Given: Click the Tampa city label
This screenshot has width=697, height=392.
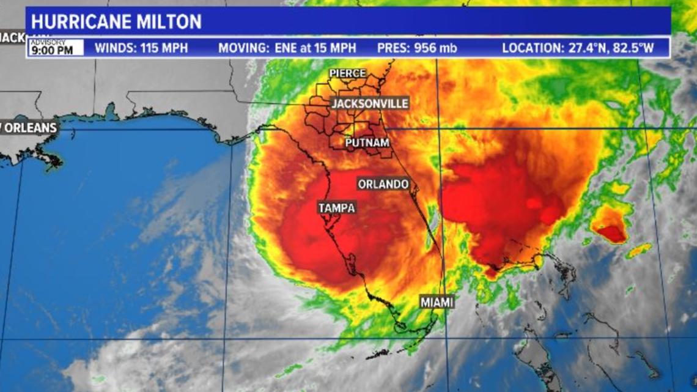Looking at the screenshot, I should (336, 208).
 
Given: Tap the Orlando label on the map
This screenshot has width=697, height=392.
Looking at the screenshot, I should (383, 184).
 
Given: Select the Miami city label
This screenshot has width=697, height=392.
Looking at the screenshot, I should (437, 301).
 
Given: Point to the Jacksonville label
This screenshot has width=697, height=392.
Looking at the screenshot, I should (370, 103).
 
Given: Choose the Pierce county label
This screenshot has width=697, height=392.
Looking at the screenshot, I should (347, 73).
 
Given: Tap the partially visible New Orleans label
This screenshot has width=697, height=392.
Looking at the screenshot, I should (28, 128).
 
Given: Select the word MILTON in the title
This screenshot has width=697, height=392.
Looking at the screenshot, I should (172, 22).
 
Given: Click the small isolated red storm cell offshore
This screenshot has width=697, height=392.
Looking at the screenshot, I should (611, 232).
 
